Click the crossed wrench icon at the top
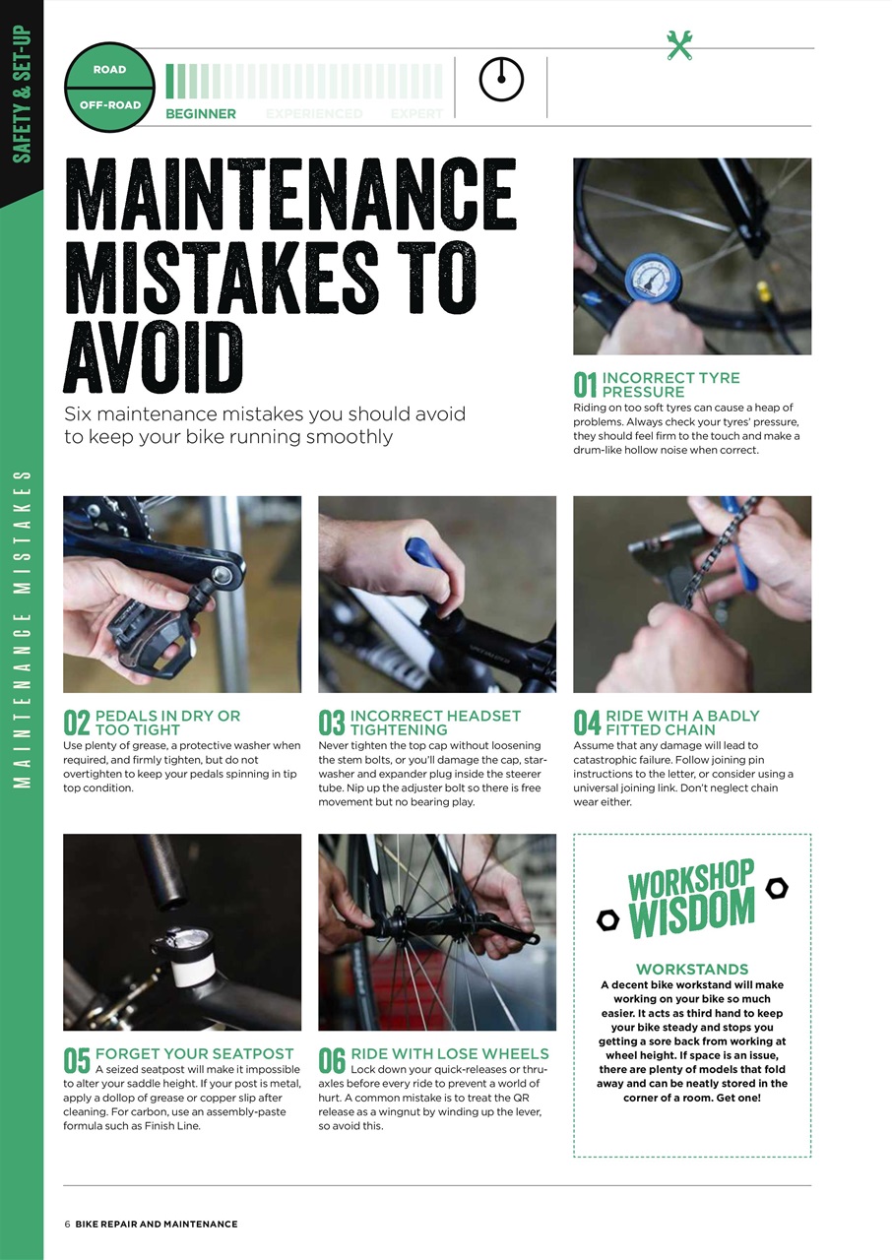point(679,45)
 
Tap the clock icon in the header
point(501,80)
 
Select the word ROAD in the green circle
point(109,70)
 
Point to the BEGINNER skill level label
point(201,114)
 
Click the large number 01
point(586,386)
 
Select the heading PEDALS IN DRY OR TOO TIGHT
point(167,723)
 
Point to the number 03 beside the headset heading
point(332,724)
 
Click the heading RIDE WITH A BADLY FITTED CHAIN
point(682,723)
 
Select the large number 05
point(77,1061)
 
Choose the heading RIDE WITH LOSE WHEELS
point(449,1053)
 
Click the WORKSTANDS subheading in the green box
point(692,970)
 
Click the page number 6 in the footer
point(67,1224)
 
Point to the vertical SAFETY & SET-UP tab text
point(22,94)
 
